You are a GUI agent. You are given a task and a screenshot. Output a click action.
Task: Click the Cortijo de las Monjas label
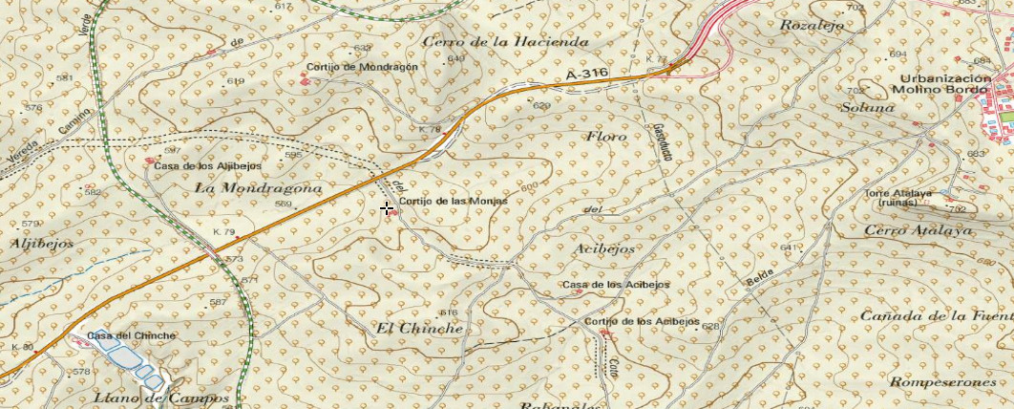(x=453, y=202)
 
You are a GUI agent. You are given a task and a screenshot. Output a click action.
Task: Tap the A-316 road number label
(x=586, y=75)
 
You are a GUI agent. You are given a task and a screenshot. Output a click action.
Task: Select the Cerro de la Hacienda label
(x=505, y=42)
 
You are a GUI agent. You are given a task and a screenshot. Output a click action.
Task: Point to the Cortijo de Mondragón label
(x=362, y=68)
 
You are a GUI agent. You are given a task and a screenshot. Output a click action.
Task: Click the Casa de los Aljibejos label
(x=197, y=165)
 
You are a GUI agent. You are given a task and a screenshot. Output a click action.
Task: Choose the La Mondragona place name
(x=258, y=189)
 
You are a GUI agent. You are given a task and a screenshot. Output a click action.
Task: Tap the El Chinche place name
(x=419, y=328)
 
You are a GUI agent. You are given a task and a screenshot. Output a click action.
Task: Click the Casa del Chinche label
(x=132, y=335)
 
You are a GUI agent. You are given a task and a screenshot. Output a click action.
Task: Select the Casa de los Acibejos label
(x=616, y=285)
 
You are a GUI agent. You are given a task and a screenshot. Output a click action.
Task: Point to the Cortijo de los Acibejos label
(x=643, y=322)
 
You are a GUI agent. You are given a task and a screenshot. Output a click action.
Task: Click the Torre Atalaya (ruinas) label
(x=898, y=198)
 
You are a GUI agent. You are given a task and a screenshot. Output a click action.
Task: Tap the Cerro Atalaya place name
(x=918, y=230)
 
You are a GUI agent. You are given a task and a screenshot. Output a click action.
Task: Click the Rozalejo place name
(x=812, y=26)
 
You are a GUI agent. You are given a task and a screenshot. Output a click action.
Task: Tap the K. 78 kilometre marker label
(x=430, y=129)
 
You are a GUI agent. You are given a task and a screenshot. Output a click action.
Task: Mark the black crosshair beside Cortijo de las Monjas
(x=387, y=208)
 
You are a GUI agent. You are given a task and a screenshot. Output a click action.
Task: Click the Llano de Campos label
(x=161, y=398)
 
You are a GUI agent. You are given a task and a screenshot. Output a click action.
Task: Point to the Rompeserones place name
(x=941, y=382)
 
